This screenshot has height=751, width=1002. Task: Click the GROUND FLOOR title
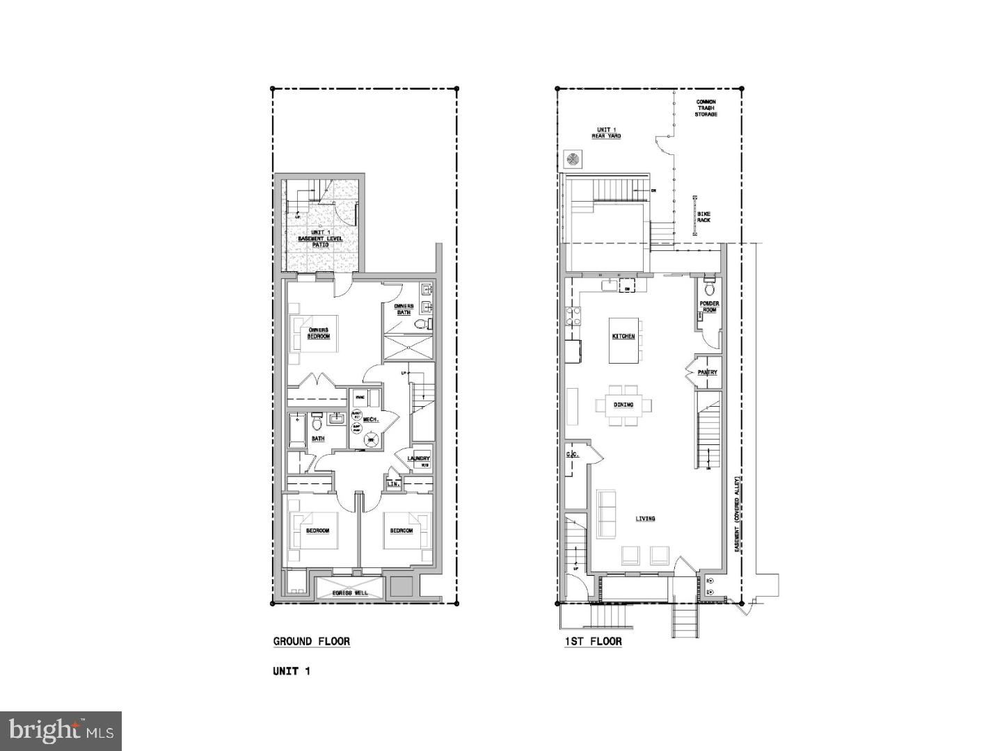click(311, 641)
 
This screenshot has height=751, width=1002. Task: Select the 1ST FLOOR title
click(593, 641)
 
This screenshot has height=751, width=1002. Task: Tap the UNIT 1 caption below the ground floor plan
click(291, 671)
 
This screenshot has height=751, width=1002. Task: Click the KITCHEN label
click(623, 337)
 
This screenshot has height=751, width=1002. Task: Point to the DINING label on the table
click(623, 405)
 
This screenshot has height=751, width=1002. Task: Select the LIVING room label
click(645, 519)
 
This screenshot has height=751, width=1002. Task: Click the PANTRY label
click(707, 373)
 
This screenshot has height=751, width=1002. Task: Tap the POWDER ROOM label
click(709, 307)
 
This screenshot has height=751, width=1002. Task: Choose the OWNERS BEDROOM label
click(319, 333)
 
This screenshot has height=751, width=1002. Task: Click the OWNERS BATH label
click(404, 309)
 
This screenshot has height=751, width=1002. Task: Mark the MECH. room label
click(370, 419)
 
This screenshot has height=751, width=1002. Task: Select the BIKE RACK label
click(703, 217)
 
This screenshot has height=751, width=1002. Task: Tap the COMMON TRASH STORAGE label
click(706, 108)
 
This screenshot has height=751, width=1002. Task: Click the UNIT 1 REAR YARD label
click(606, 132)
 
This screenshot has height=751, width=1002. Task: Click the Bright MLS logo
click(61, 731)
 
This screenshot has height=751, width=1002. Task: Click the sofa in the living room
click(606, 515)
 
